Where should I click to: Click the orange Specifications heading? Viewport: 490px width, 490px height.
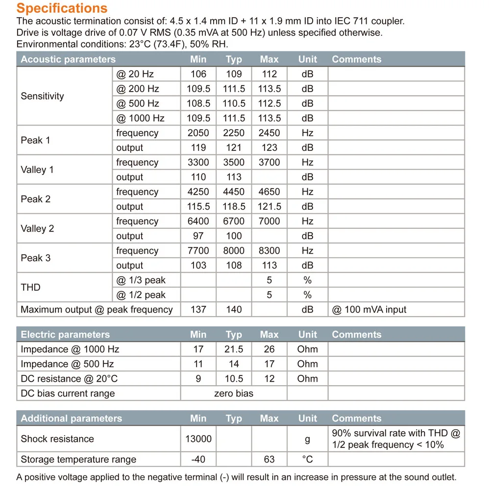(62, 8)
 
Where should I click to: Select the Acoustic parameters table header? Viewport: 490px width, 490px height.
(68, 59)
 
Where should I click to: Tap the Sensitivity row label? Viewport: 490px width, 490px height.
(42, 96)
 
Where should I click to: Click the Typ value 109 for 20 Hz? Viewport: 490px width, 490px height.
(234, 74)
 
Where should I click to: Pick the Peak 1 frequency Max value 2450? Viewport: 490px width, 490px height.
(269, 133)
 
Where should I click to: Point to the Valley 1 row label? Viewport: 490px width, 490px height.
(37, 170)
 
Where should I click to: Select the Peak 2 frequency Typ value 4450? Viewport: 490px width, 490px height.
(234, 192)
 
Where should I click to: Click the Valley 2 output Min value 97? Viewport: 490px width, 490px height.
(198, 236)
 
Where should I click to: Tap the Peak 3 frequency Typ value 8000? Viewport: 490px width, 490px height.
(234, 250)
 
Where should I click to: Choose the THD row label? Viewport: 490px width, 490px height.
(30, 287)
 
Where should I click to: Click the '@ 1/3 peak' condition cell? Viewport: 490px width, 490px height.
(141, 280)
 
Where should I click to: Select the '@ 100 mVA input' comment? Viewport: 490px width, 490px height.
(369, 310)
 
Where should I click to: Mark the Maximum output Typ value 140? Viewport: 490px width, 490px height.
(234, 310)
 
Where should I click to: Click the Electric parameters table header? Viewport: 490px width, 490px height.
(65, 335)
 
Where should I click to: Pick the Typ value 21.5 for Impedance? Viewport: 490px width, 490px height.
(234, 349)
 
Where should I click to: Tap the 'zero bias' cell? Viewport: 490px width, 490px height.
(234, 393)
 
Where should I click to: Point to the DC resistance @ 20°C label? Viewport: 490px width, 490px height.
(69, 379)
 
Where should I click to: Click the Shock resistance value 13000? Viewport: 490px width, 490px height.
(198, 439)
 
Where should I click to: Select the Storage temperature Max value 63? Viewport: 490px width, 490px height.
(269, 460)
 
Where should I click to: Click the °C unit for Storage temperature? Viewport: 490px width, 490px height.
(307, 460)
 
